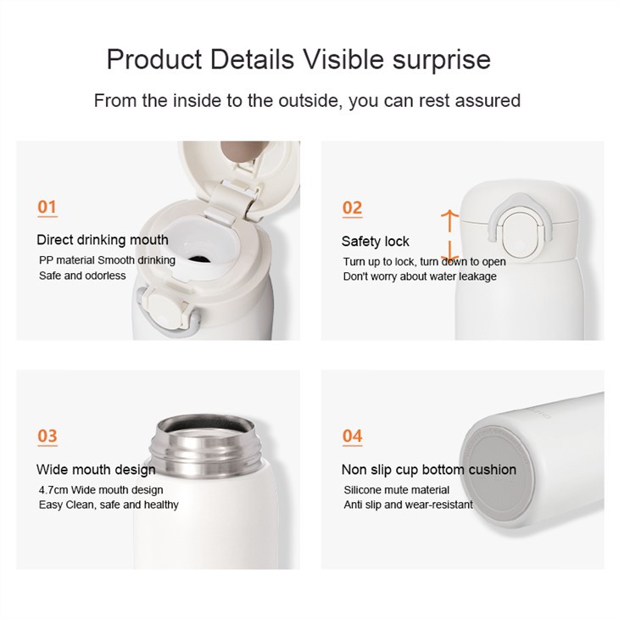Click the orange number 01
pos(47,207)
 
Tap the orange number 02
pos(352,208)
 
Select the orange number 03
pos(47,436)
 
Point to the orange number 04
pos(352,436)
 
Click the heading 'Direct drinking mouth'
pos(103,240)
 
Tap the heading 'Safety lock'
pos(376,241)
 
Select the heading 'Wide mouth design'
pos(96,470)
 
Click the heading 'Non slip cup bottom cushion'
pos(429,470)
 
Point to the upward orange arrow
pos(449,221)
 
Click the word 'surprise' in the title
pos(441,60)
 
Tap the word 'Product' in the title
pos(154,59)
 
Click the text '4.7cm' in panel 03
pos(53,490)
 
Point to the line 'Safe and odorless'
pos(82,276)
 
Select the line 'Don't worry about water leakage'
pos(420,276)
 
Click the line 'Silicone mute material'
pos(396,490)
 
